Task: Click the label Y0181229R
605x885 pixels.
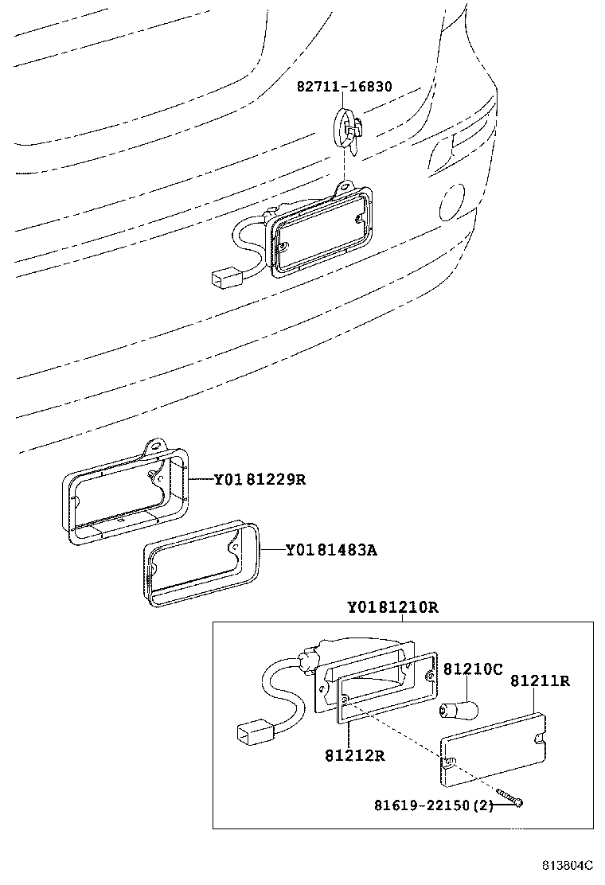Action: point(260,479)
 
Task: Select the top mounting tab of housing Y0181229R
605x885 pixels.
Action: point(156,447)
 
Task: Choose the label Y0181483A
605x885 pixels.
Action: point(330,550)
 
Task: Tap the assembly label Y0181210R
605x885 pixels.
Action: point(392,607)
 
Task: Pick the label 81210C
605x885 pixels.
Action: point(473,669)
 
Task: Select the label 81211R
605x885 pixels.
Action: point(540,680)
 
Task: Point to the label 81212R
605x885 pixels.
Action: point(354,755)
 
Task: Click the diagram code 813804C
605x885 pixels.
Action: point(568,865)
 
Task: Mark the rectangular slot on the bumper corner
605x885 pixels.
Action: point(441,152)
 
